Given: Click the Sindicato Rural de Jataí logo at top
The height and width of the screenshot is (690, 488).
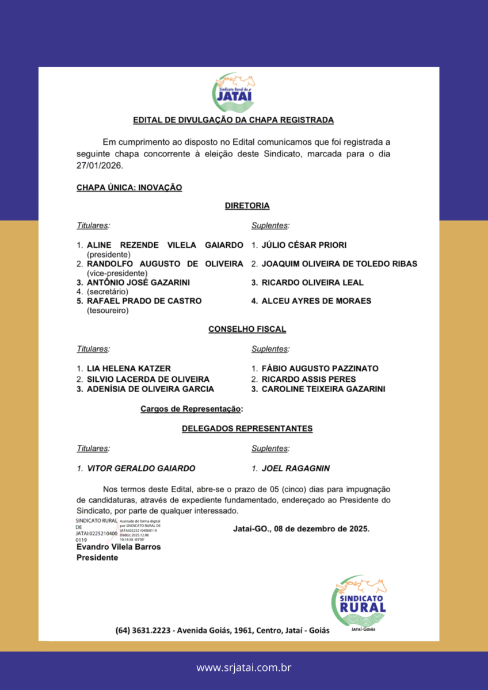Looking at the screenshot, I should pyautogui.click(x=234, y=93).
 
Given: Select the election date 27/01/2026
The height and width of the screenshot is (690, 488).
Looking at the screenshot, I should pyautogui.click(x=96, y=165).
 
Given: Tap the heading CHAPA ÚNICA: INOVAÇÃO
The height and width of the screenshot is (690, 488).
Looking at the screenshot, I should pyautogui.click(x=129, y=187).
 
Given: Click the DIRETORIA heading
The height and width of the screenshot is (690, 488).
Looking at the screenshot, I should pyautogui.click(x=247, y=205).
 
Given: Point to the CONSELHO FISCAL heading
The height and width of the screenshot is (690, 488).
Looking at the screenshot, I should pyautogui.click(x=247, y=329).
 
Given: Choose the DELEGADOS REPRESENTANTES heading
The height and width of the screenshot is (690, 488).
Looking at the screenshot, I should pyautogui.click(x=247, y=428).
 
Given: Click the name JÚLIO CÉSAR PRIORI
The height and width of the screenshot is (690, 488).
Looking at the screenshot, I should pyautogui.click(x=304, y=246).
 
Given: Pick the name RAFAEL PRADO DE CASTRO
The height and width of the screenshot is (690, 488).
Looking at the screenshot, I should pyautogui.click(x=144, y=301).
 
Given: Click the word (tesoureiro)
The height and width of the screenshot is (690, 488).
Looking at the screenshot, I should pyautogui.click(x=108, y=310).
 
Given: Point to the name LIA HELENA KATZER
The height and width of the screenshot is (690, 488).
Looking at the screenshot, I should pyautogui.click(x=128, y=369).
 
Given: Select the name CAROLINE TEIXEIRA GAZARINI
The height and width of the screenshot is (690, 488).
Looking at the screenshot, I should pyautogui.click(x=323, y=389).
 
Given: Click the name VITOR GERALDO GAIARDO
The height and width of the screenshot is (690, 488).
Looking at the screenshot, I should pyautogui.click(x=140, y=468).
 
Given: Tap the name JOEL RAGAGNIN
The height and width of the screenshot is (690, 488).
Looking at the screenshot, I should pyautogui.click(x=296, y=468).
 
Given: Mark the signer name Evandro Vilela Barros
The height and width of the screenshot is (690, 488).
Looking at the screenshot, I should pyautogui.click(x=119, y=547).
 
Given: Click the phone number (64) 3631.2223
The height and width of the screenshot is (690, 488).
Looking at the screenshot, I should pyautogui.click(x=143, y=630).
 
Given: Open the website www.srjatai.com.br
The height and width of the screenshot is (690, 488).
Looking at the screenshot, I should pyautogui.click(x=244, y=668).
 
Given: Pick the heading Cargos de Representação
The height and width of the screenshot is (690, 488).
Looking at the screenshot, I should pyautogui.click(x=191, y=409).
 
